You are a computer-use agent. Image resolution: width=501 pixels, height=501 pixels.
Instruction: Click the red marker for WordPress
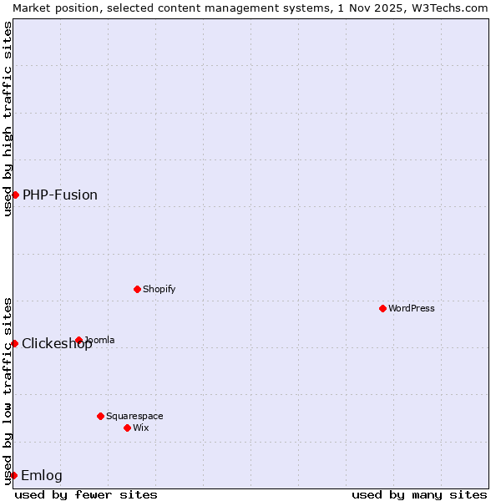tap(382, 308)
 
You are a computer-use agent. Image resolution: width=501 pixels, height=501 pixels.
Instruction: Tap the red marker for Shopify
tap(137, 289)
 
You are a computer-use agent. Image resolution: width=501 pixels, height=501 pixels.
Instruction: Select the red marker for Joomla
tap(78, 340)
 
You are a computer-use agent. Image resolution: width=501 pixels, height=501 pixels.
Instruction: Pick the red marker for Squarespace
tap(100, 416)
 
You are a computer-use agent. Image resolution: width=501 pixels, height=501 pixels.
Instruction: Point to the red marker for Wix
tap(127, 428)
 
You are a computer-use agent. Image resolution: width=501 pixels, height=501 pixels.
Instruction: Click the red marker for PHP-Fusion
tap(15, 195)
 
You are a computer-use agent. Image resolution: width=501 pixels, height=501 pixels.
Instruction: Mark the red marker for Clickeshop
tap(14, 343)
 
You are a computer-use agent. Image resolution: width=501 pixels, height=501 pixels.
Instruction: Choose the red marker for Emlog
tap(13, 475)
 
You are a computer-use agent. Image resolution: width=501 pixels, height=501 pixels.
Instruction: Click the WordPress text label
tap(412, 308)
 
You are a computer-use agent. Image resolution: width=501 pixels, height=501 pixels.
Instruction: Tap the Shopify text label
tap(159, 289)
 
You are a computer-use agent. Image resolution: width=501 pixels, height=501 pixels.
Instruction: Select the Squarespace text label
tap(134, 416)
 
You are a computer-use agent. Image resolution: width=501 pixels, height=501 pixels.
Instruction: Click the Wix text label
tap(140, 428)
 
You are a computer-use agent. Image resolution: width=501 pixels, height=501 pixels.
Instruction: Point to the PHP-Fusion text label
tap(60, 195)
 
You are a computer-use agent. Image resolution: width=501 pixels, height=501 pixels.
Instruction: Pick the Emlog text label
tap(42, 475)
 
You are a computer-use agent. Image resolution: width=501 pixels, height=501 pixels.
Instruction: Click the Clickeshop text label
tap(57, 344)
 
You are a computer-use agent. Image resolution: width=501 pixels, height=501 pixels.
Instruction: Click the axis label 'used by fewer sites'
tap(86, 494)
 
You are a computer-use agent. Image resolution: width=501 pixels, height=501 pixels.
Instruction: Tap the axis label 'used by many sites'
tap(419, 494)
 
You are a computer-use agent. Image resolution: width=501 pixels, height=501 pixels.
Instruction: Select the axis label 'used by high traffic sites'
tap(8, 119)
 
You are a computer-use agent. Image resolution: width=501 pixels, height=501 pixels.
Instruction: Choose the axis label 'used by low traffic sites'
tap(8, 390)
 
